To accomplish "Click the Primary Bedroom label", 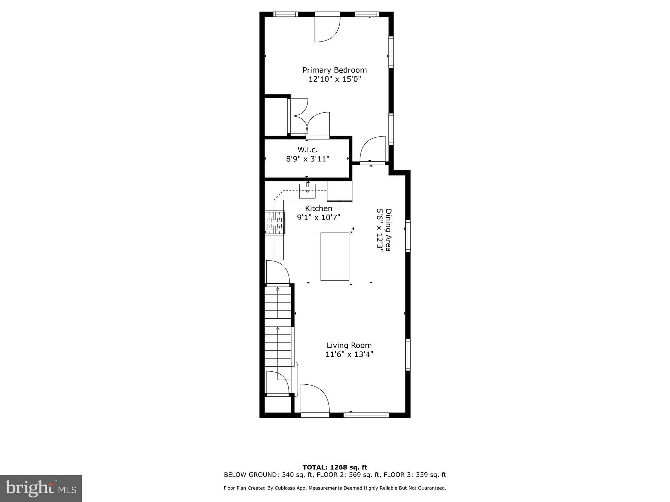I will click(x=334, y=70).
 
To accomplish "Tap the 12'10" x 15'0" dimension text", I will click(x=334, y=79).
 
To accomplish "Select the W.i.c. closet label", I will click(x=307, y=150).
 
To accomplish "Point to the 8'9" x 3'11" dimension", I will click(x=307, y=159).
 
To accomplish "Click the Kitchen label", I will click(x=318, y=209).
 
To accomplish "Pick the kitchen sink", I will click(x=307, y=191).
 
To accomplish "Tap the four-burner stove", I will click(x=275, y=223).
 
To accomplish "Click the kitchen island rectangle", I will click(x=335, y=257).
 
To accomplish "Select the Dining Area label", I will click(x=388, y=230).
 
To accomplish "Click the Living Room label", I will click(x=349, y=345).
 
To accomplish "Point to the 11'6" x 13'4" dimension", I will click(x=349, y=354).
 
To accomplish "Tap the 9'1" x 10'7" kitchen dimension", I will click(x=318, y=217).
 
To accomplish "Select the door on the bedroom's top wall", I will click(x=327, y=29).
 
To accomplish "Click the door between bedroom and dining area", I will click(x=372, y=150).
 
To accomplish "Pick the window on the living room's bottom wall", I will click(x=366, y=415).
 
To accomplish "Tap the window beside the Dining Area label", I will click(x=408, y=236).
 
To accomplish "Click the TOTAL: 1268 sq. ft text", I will click(x=335, y=467).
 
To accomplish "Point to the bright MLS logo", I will click(x=41, y=489).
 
